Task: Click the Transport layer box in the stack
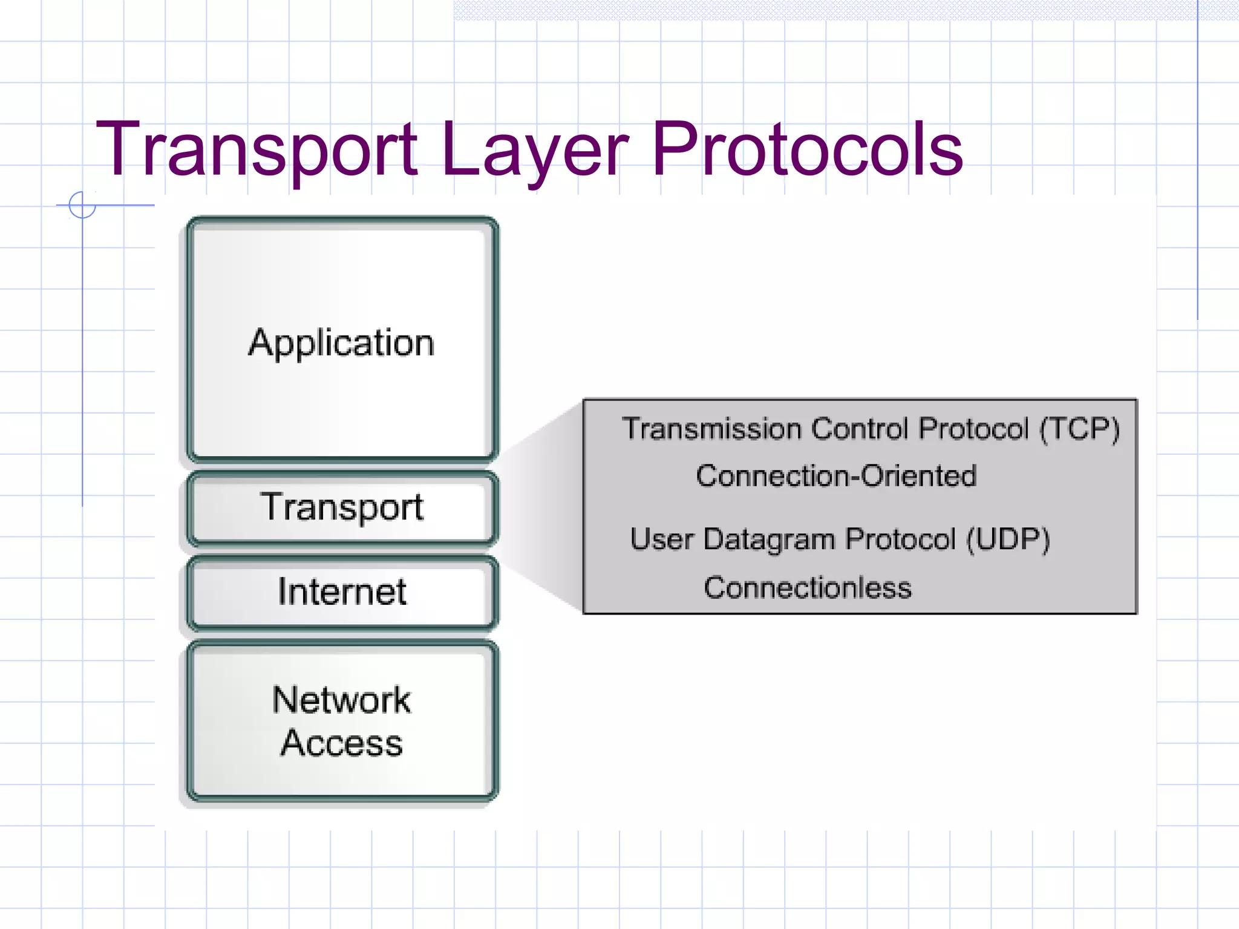pos(342,508)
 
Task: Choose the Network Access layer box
pos(342,721)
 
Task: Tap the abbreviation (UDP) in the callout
pos(1008,539)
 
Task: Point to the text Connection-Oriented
pos(836,476)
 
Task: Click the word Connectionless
pos(808,588)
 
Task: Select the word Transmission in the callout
pos(711,429)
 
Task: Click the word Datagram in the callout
pos(768,539)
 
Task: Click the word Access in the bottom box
pos(342,743)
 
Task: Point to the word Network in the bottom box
pos(342,700)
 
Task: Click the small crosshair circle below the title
pos(82,205)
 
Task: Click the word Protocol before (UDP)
pos(900,539)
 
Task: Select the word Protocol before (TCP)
pos(973,429)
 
